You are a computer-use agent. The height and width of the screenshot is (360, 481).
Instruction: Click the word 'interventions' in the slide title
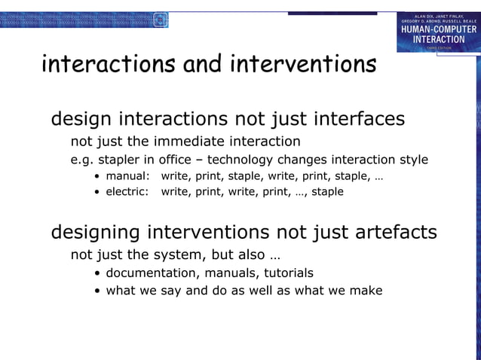pos(302,65)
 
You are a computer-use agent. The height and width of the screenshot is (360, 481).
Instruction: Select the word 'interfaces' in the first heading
pos(359,119)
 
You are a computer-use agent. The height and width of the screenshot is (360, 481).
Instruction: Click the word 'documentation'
pos(152,273)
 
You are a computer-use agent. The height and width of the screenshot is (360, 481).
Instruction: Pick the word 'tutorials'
pos(285,273)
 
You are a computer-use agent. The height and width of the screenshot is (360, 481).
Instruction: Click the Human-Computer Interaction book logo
pos(438,32)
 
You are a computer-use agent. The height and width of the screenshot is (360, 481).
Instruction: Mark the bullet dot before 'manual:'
pos(98,177)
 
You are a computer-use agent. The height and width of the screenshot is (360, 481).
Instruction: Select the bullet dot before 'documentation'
pos(99,273)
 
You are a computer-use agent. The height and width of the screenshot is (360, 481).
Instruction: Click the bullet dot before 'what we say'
pos(99,291)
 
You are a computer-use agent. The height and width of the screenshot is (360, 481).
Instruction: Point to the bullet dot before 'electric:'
pos(98,192)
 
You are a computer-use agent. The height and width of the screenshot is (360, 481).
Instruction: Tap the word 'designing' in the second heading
pos(95,232)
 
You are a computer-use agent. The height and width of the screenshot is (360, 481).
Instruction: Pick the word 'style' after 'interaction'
pos(411,160)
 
